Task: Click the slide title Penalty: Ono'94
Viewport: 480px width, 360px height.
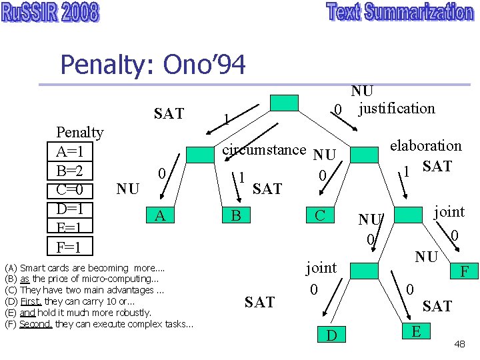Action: point(153,65)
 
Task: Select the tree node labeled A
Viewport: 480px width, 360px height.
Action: point(160,215)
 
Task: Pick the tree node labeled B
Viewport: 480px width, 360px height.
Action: point(235,215)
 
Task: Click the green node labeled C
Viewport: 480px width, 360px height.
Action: point(319,215)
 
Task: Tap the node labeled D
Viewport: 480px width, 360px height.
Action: point(331,333)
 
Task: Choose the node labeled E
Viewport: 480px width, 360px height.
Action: point(416,330)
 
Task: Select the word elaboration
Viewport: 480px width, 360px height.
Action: point(425,145)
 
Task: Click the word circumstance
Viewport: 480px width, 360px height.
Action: point(263,149)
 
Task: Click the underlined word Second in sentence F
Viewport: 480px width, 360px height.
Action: point(35,324)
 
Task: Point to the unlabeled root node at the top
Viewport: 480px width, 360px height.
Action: point(285,103)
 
